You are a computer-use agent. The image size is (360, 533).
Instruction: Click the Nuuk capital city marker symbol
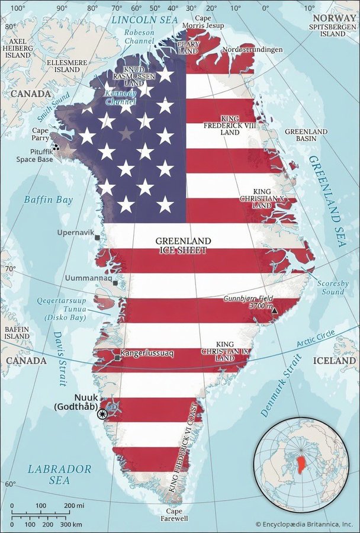coord(104,414)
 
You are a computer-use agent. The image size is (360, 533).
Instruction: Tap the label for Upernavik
coord(75,233)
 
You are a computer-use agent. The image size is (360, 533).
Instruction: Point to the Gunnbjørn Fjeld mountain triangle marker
coord(274,309)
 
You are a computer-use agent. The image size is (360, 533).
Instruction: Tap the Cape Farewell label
coord(174,515)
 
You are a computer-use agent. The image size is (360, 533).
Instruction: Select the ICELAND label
coord(335,360)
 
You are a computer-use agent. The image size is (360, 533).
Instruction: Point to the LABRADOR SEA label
coord(59,474)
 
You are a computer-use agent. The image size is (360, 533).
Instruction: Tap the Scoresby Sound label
coord(330,287)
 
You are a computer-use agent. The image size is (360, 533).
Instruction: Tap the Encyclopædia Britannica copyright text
coord(304,524)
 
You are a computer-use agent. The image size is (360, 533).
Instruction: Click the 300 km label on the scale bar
coord(70,525)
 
